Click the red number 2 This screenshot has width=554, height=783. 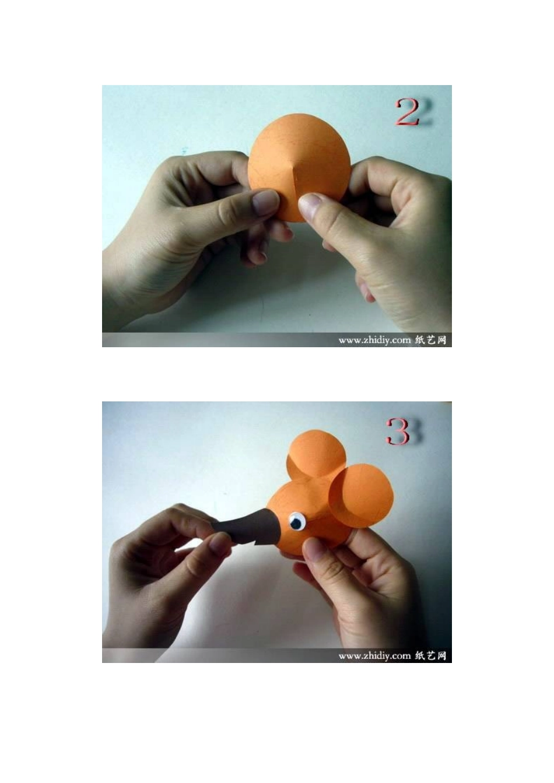[408, 112]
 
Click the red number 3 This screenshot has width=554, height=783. [398, 432]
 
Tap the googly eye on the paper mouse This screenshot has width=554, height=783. [296, 522]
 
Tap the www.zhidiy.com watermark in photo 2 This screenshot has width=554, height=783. [374, 340]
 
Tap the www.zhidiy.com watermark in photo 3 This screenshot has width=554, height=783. [374, 656]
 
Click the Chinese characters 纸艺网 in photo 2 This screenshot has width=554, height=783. [431, 340]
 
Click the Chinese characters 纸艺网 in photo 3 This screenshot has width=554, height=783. [431, 655]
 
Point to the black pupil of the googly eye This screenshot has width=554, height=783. [296, 523]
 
